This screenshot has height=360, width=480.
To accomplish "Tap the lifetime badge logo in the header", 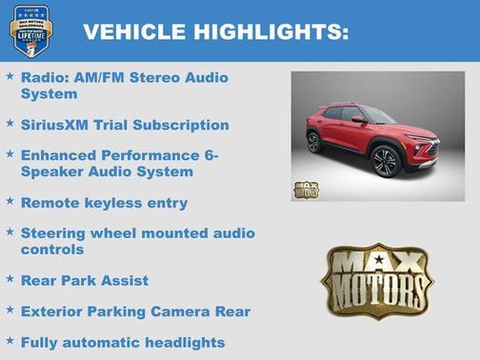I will [30, 31].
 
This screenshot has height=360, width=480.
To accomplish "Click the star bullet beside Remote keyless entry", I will [10, 202].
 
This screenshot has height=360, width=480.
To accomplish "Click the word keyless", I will [113, 203].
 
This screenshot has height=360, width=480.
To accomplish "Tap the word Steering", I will [55, 232].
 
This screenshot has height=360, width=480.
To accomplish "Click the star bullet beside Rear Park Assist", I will [10, 280].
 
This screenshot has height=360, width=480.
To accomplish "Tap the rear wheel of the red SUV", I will [314, 142].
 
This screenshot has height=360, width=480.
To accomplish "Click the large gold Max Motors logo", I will [377, 280].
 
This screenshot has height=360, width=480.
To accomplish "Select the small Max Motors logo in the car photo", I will [306, 189].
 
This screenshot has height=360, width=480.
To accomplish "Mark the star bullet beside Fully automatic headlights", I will [10, 341].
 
